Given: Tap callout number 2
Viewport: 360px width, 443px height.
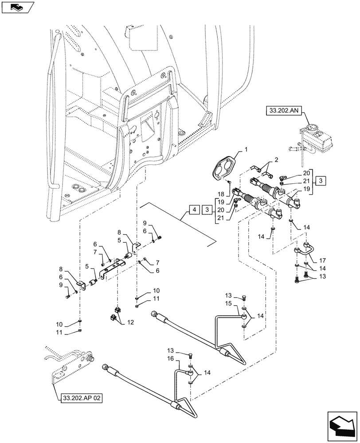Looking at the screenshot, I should pos(277,160).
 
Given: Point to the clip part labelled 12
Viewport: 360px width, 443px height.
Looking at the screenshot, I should pos(115,315).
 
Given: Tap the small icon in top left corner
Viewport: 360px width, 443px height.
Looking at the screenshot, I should pos(16,7).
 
